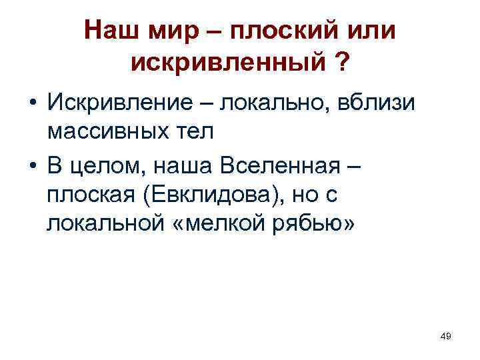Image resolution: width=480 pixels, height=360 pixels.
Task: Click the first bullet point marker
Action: point(32,104)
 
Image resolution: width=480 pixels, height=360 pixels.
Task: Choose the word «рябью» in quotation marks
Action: point(309,225)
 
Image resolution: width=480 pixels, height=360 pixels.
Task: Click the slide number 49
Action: point(446,337)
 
